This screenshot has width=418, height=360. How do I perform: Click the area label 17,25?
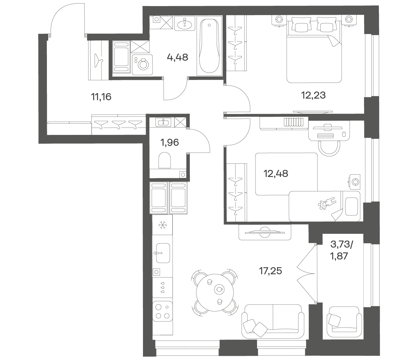[271, 271]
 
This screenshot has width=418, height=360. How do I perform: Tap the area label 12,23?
[314, 95]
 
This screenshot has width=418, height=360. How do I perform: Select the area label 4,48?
[178, 57]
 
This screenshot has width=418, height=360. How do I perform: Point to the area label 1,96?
[170, 143]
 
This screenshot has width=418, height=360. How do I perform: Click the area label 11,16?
[101, 97]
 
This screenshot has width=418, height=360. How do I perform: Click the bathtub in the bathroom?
[209, 46]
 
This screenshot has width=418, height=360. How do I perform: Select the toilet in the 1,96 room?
[165, 160]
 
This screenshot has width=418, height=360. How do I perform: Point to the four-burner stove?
[162, 314]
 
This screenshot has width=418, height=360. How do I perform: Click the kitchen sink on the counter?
[163, 253]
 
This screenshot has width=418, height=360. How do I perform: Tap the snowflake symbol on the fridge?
[162, 225]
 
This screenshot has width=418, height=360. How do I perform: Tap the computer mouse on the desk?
[343, 134]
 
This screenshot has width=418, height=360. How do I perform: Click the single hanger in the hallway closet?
[98, 60]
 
